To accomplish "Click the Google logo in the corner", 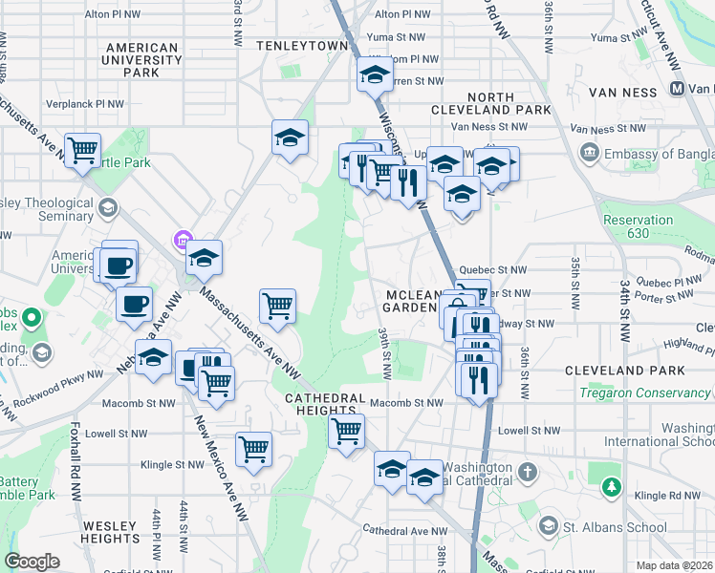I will (32, 562).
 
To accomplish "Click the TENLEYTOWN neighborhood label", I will (302, 45).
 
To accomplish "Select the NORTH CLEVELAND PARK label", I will (509, 103).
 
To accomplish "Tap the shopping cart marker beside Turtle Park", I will (83, 150).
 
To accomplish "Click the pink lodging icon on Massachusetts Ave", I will (183, 238).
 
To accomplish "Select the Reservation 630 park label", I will (638, 226).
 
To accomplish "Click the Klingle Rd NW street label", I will (672, 496).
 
